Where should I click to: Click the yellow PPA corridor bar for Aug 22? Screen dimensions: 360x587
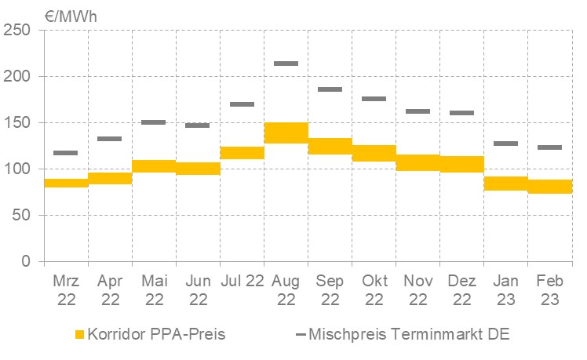[286, 133]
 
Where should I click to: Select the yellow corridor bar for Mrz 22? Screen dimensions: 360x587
[66, 183]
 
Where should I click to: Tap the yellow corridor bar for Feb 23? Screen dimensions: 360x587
[550, 186]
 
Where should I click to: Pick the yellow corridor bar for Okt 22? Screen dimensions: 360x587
[374, 153]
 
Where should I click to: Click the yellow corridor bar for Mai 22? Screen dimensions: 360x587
[154, 165]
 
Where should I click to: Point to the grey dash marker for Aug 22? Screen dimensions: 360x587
[286, 64]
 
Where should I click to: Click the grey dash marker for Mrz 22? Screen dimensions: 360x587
[66, 153]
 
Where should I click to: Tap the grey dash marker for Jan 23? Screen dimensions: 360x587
[506, 144]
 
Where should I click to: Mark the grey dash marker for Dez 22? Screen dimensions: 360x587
[461, 113]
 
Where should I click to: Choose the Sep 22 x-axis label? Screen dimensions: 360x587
[330, 289]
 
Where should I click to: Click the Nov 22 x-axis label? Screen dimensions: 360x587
[417, 289]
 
